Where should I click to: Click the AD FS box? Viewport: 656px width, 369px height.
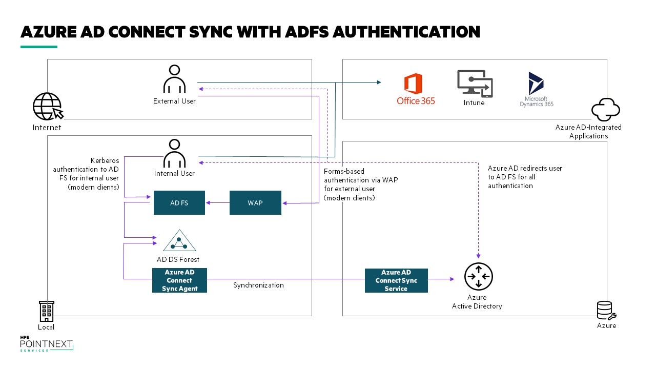(x=179, y=202)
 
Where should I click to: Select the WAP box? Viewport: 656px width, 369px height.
(x=255, y=202)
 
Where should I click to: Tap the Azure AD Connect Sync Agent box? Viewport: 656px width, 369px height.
(x=179, y=280)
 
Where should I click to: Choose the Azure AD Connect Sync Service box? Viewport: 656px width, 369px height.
(x=396, y=280)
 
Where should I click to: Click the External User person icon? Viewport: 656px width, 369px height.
(x=174, y=79)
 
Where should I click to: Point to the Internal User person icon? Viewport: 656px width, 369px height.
(x=174, y=153)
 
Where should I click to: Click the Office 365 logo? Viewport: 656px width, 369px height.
(x=415, y=89)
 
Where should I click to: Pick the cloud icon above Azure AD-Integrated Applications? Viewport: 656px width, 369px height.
(x=606, y=109)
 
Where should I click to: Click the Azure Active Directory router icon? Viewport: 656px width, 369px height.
(x=478, y=277)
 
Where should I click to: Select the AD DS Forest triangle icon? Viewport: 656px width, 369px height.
(x=179, y=240)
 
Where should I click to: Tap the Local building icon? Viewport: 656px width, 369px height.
(x=47, y=311)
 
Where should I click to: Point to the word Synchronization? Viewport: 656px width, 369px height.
(x=258, y=285)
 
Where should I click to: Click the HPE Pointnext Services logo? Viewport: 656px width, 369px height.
(x=46, y=344)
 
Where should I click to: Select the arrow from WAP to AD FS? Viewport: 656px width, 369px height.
(x=217, y=202)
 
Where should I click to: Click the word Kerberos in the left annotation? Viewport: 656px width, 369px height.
(x=104, y=160)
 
